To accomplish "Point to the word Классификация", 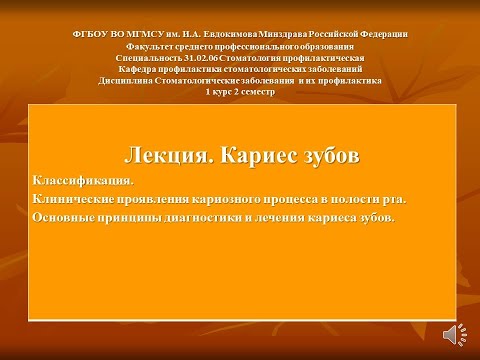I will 82,181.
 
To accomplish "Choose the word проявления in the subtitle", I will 159,199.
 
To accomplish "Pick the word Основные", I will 66,217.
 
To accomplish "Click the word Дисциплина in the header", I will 128,81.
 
